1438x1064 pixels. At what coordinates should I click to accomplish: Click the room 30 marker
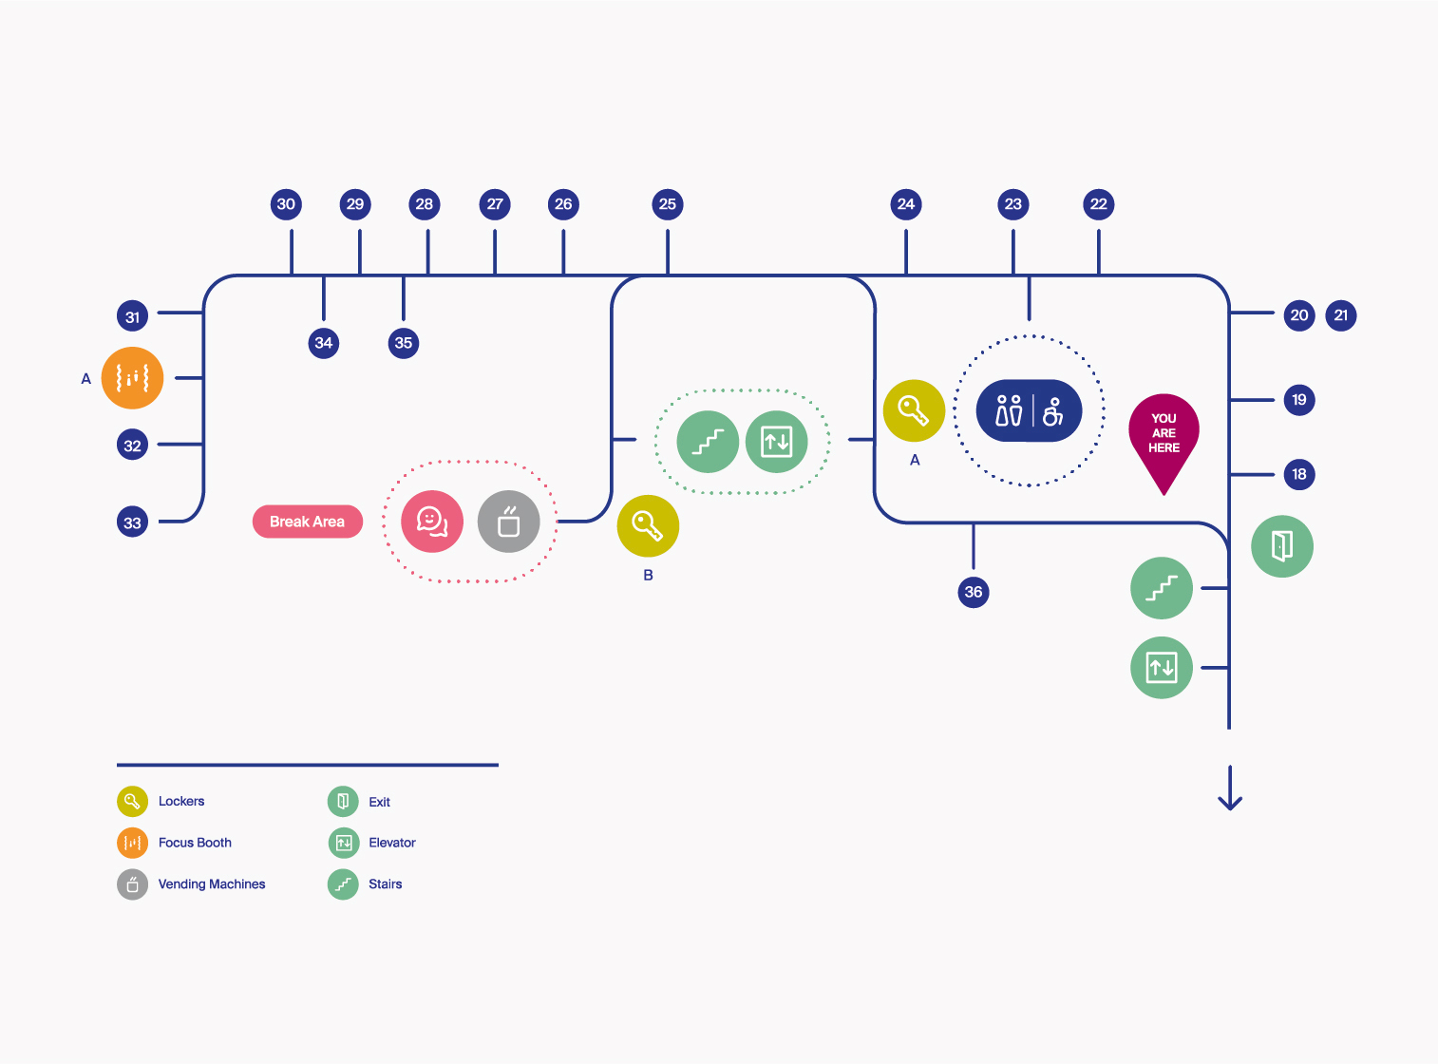[286, 204]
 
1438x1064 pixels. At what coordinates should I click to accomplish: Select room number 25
[668, 204]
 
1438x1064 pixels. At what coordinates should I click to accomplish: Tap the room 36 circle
[974, 592]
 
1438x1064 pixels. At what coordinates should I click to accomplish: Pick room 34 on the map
[324, 343]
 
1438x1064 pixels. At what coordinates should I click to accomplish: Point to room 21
[1341, 315]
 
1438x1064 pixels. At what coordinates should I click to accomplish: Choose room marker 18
[1299, 474]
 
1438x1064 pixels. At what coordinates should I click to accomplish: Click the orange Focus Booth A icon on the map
[132, 378]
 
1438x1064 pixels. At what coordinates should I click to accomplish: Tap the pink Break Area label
[307, 522]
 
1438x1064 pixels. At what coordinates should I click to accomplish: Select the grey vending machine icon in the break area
[509, 522]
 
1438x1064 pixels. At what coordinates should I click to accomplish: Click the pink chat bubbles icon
[432, 522]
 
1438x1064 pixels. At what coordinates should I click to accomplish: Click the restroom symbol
[1029, 411]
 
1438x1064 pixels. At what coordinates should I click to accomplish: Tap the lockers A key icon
[914, 411]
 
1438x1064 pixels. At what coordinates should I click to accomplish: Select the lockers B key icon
[648, 525]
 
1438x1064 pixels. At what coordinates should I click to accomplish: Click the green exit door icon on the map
[1282, 546]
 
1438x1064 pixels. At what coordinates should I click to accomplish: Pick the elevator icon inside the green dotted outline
[777, 442]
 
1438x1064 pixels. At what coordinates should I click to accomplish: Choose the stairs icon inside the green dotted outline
[708, 442]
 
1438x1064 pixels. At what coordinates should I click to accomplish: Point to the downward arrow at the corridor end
[1230, 788]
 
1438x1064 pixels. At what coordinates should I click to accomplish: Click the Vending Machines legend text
[212, 884]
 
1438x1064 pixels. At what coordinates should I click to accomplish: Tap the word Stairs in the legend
[385, 884]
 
